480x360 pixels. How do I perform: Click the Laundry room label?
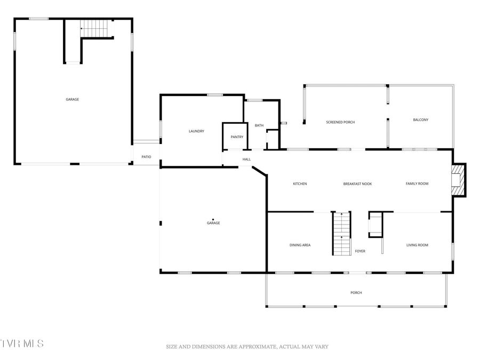click(196, 131)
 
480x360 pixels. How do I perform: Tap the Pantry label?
click(237, 137)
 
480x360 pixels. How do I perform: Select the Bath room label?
click(259, 125)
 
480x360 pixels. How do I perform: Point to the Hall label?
click(246, 159)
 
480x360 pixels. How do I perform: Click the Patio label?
click(146, 157)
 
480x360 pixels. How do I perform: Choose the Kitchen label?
click(300, 184)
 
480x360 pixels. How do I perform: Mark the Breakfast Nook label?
click(357, 184)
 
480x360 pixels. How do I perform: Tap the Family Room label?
click(417, 184)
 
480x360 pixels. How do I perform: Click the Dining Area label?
click(300, 245)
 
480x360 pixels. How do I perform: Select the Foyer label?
click(360, 251)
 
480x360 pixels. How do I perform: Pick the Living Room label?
click(417, 245)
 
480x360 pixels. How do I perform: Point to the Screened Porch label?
click(340, 122)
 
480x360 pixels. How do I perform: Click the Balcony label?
click(420, 120)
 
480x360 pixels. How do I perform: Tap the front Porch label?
click(356, 293)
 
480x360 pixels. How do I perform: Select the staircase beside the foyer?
click(341, 234)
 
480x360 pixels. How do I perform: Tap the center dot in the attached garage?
click(213, 219)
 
